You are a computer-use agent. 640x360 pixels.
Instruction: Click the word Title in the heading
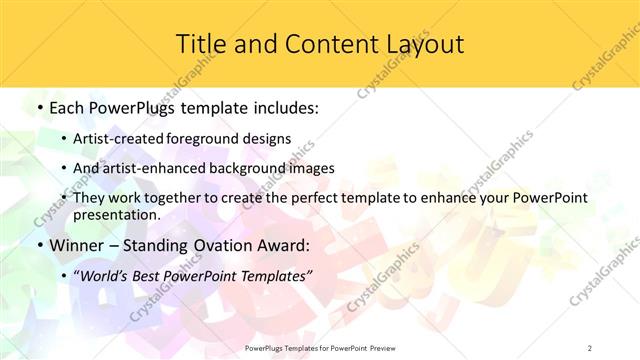[200, 44]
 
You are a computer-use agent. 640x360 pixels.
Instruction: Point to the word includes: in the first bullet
[285, 108]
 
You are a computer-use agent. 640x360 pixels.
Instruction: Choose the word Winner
[78, 244]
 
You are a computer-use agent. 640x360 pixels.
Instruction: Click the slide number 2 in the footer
[590, 347]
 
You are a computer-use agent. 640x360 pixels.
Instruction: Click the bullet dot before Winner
[39, 245]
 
